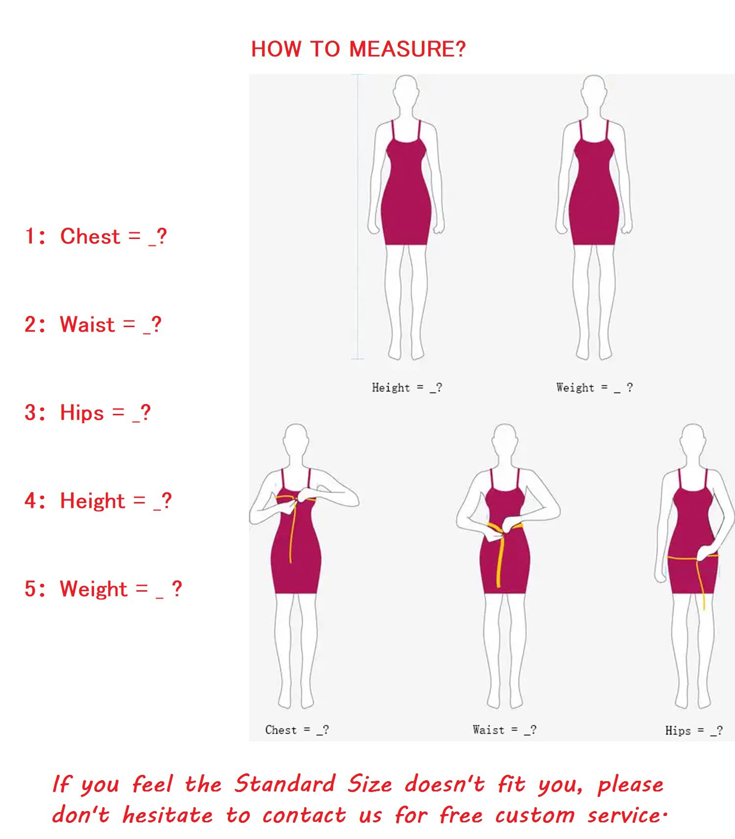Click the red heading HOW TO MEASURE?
[x=358, y=49]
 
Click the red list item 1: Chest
[x=96, y=237]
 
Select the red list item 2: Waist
[x=93, y=325]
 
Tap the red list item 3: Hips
[x=87, y=413]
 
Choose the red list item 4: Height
[x=98, y=502]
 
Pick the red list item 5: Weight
[x=103, y=589]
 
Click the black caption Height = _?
[x=407, y=388]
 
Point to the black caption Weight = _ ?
[x=594, y=388]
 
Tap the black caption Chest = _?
[x=297, y=730]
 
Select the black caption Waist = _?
[x=504, y=730]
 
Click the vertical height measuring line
[x=358, y=216]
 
